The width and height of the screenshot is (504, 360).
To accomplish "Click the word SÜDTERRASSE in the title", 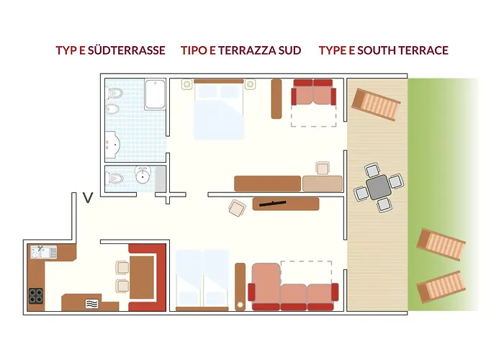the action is click(126, 50).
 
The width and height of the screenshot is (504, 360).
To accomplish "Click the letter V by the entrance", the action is click(88, 198).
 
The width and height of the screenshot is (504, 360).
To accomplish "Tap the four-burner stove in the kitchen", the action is click(36, 296).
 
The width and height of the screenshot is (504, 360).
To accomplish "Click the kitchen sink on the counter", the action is click(44, 252).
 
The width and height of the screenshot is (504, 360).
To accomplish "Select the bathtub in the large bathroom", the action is click(155, 94).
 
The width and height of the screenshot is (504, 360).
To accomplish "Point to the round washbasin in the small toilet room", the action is click(143, 174).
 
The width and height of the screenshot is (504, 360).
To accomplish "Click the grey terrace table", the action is click(378, 187).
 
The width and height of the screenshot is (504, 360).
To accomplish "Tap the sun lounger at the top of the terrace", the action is click(376, 104).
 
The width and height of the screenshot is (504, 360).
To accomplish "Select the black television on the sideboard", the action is click(273, 203).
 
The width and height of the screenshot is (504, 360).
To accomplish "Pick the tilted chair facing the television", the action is click(237, 208).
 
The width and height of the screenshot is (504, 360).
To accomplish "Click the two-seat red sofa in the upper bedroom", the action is click(313, 92).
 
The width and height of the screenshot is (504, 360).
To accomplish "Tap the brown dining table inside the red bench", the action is click(141, 278).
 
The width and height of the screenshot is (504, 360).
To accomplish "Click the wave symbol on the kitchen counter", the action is click(91, 304).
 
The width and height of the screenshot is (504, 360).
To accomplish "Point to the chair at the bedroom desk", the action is click(323, 168).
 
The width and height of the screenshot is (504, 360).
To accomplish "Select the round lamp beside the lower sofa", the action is click(240, 305).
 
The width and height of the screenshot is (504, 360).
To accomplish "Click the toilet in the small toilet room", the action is click(114, 178).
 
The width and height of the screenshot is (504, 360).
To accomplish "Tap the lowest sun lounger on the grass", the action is click(441, 287).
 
